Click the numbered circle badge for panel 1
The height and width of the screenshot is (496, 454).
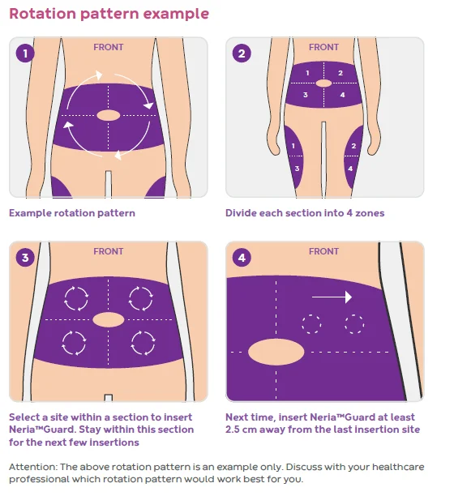25,53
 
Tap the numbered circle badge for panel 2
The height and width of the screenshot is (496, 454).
242,53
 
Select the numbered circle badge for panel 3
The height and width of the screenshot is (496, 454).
25,258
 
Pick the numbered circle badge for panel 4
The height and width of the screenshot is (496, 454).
242,258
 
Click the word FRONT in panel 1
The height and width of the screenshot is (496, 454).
108,47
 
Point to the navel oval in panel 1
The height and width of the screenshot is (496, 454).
108,115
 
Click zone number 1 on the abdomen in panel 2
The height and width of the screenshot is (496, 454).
307,73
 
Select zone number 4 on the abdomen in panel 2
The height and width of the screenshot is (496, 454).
342,95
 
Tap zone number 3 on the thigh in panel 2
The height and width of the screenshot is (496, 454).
297,169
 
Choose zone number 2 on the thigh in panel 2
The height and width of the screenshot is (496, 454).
353,146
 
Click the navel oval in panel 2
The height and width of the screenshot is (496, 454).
323,83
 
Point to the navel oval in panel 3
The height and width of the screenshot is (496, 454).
108,319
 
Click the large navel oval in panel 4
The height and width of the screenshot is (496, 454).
276,352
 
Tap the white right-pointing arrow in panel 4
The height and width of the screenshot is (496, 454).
332,297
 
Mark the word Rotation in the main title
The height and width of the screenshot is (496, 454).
43,14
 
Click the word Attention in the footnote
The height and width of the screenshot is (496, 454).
32,467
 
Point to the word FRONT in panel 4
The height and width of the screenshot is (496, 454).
323,251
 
